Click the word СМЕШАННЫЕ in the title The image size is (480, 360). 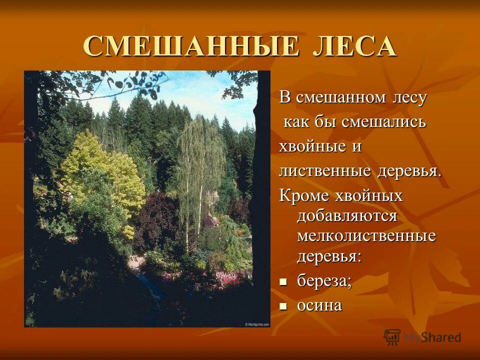point(192,46)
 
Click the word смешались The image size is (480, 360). point(383,121)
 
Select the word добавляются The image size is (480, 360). point(347,216)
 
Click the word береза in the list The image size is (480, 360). point(324,281)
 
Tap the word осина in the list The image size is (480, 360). point(319,305)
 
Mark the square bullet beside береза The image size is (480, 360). point(283,282)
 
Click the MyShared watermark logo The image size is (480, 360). point(422,336)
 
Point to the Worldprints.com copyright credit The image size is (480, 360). point(256,324)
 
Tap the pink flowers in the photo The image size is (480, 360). point(227,277)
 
